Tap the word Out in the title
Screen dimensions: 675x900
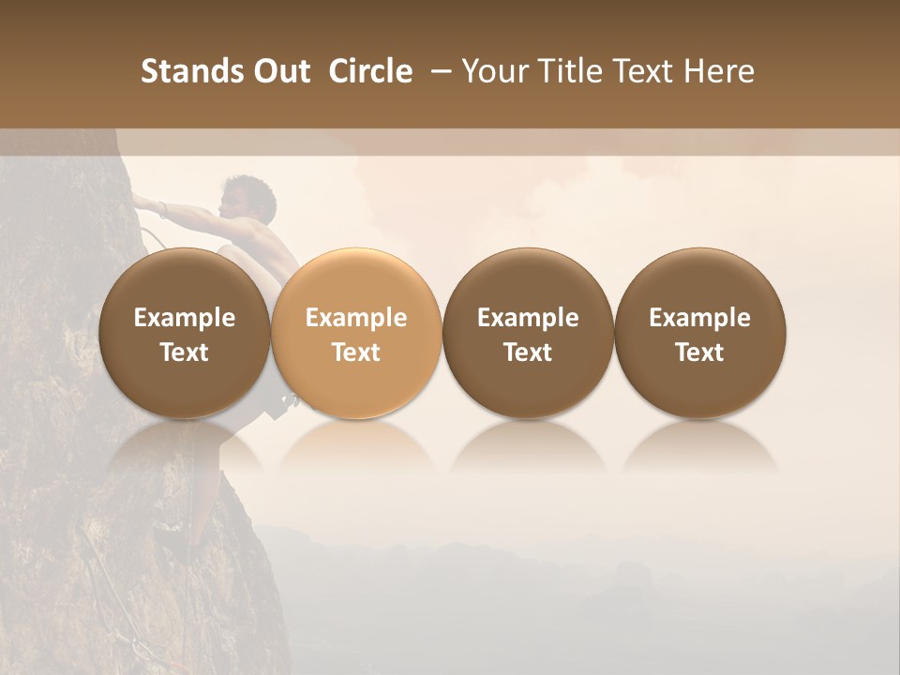pyautogui.click(x=279, y=71)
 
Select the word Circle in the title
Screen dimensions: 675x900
pyautogui.click(x=370, y=71)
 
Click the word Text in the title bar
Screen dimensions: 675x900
pyautogui.click(x=648, y=71)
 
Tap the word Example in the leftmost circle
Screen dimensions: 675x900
pyautogui.click(x=185, y=318)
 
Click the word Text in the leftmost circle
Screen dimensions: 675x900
pyautogui.click(x=185, y=352)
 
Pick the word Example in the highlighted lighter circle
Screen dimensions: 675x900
pyautogui.click(x=356, y=318)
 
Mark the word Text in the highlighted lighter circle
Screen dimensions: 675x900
pyautogui.click(x=356, y=352)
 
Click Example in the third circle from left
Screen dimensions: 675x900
pyautogui.click(x=528, y=318)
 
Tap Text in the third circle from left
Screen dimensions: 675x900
pyautogui.click(x=528, y=352)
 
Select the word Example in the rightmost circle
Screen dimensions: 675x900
pyautogui.click(x=700, y=318)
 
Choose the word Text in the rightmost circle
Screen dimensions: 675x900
pyautogui.click(x=700, y=352)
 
